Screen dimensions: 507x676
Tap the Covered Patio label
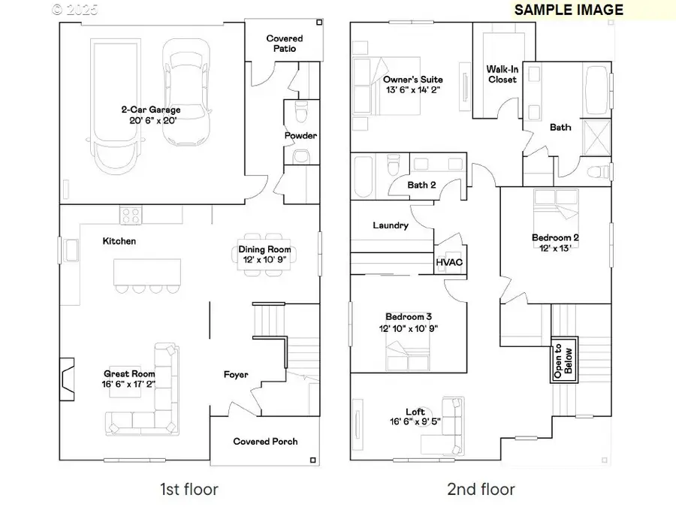click(x=285, y=44)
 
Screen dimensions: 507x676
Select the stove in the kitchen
click(x=131, y=215)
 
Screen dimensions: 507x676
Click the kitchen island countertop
click(x=146, y=271)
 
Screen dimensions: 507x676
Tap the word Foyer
click(x=236, y=374)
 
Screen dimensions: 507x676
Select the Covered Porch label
click(x=265, y=441)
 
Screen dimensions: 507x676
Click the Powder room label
click(x=300, y=136)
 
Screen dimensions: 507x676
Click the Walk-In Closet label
click(x=502, y=74)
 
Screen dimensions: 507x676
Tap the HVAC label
click(x=449, y=262)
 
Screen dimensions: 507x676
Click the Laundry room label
click(x=391, y=225)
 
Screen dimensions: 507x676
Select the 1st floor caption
click(x=189, y=490)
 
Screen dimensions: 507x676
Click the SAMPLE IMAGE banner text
click(x=569, y=10)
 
